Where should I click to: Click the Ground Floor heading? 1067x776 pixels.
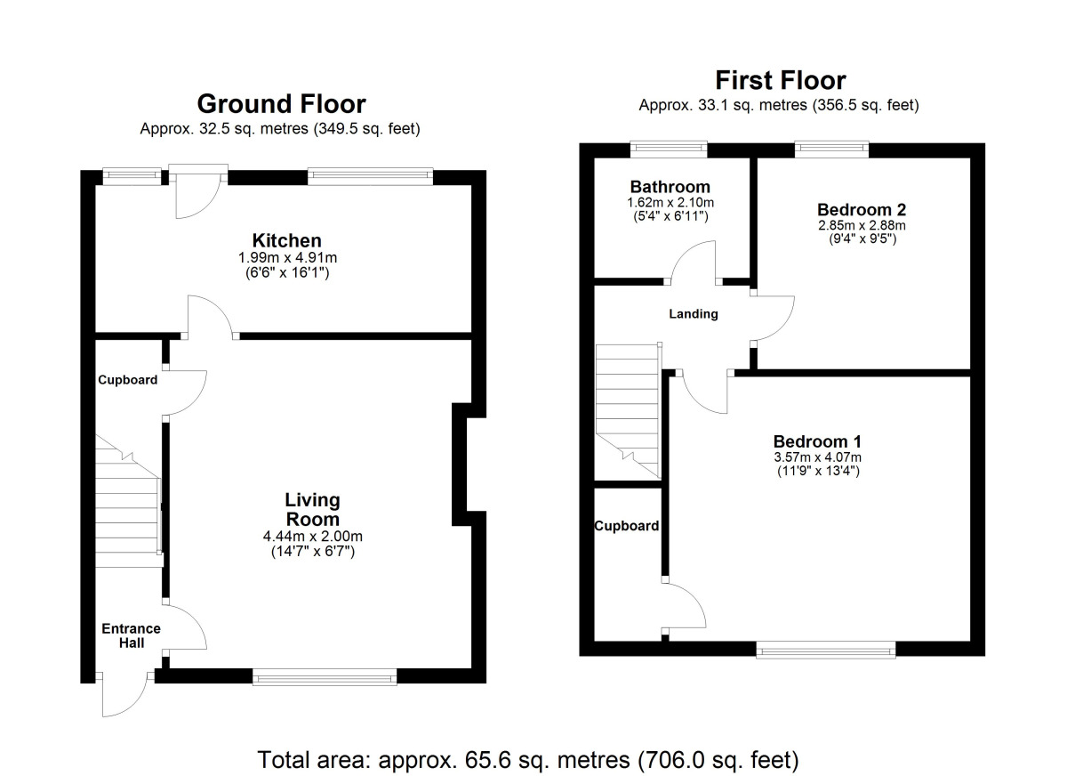(281, 104)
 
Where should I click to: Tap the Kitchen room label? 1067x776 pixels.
(286, 240)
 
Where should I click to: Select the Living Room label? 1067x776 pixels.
(312, 509)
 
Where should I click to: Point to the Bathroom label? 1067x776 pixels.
(670, 187)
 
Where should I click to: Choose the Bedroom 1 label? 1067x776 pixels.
(817, 441)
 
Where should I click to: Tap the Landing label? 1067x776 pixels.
(694, 314)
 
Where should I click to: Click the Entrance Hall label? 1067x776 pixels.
(130, 635)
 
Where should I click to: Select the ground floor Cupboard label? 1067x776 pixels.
(127, 380)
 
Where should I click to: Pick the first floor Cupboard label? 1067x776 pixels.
(627, 526)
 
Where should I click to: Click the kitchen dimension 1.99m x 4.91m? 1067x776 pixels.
(286, 258)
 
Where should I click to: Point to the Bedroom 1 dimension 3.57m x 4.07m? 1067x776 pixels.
(817, 457)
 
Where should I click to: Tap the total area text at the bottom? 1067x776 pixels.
(528, 760)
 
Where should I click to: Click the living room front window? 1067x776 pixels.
(325, 678)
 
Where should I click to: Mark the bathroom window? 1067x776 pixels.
(669, 149)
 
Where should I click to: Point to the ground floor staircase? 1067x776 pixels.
(127, 507)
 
